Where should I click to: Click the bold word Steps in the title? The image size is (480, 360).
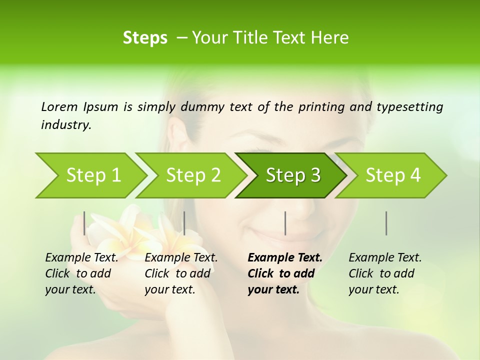145,38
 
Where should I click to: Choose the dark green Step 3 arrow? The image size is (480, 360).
293,175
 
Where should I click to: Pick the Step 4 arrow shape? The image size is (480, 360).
393,175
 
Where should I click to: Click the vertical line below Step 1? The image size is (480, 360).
84,223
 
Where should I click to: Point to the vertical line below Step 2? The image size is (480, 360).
184,223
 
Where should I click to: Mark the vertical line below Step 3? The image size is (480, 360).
285,223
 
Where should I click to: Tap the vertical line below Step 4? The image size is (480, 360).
386,223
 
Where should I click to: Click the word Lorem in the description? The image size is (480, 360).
59,106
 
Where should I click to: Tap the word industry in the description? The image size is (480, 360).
65,124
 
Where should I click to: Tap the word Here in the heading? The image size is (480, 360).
331,38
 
